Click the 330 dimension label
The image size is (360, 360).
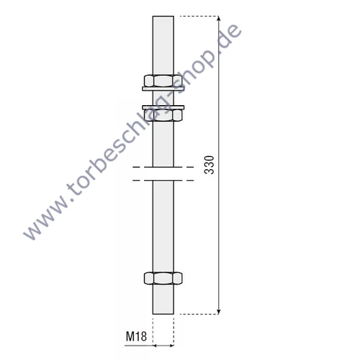pyautogui.click(x=209, y=165)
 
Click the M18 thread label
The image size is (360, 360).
pyautogui.click(x=136, y=336)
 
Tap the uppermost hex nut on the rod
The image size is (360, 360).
pyautogui.click(x=163, y=81)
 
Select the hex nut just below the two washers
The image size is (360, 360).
pyautogui.click(x=163, y=115)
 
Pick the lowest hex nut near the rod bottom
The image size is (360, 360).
pyautogui.click(x=163, y=278)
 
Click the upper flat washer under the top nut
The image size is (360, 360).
pyautogui.click(x=163, y=89)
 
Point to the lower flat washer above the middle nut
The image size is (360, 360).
pyautogui.click(x=163, y=107)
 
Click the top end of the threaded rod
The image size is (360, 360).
pyautogui.click(x=163, y=17)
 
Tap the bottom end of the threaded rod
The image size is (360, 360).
pyautogui.click(x=163, y=314)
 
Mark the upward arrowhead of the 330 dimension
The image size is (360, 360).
pyautogui.click(x=218, y=19)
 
